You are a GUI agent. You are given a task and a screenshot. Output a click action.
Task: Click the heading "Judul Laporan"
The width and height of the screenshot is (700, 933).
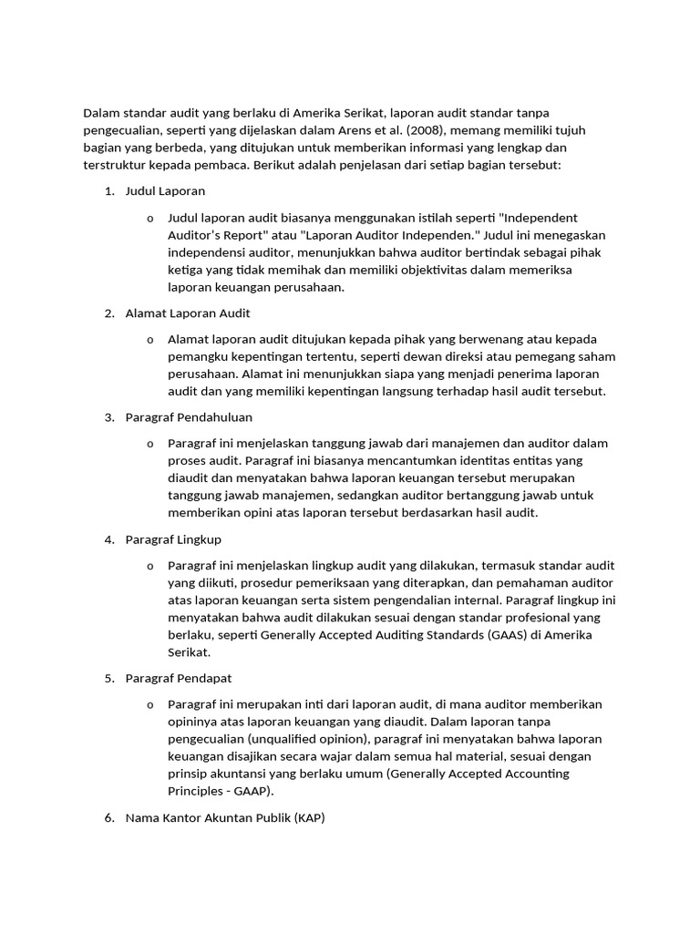pyautogui.click(x=165, y=191)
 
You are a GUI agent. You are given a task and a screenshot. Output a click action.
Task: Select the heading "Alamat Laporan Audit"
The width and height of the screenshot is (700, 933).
pyautogui.click(x=188, y=313)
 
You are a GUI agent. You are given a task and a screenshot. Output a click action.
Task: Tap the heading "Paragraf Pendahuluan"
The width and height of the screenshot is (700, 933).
pyautogui.click(x=189, y=417)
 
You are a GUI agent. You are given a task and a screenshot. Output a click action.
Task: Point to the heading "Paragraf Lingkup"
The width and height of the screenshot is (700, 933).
pyautogui.click(x=173, y=539)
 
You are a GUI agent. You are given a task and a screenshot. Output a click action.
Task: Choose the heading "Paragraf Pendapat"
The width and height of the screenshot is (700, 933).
pyautogui.click(x=178, y=679)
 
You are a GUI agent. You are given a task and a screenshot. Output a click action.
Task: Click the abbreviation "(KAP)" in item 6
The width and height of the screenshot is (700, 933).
pyautogui.click(x=309, y=818)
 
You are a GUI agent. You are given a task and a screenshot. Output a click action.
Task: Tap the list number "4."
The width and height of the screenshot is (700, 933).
pyautogui.click(x=108, y=539)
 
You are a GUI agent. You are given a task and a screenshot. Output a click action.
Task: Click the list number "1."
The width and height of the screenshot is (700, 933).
pyautogui.click(x=108, y=191)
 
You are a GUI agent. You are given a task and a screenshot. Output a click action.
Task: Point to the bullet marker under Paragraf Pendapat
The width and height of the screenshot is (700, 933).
pyautogui.click(x=149, y=705)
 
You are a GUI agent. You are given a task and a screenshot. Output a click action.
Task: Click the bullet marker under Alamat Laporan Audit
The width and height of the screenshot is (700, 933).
pyautogui.click(x=149, y=340)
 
